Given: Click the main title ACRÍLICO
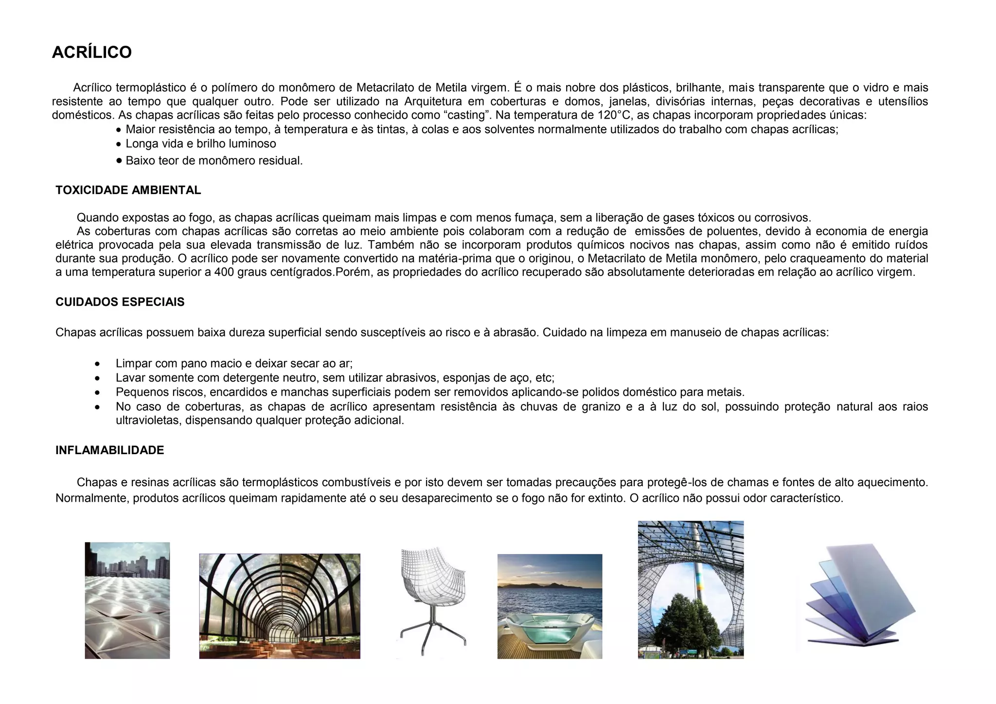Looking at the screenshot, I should [91, 53].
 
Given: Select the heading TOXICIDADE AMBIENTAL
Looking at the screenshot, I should [128, 190].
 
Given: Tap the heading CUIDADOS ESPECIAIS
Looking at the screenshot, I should [120, 302].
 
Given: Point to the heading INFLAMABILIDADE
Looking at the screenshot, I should [109, 450].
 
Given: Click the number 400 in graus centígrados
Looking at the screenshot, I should [224, 272].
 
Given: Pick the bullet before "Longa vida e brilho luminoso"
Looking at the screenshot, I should [119, 144].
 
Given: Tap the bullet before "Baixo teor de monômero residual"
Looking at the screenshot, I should [119, 160].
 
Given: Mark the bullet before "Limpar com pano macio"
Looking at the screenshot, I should [98, 364].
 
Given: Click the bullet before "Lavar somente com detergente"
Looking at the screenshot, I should [98, 378].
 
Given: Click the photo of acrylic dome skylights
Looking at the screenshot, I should [127, 600].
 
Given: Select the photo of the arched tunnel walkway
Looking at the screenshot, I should [280, 606].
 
